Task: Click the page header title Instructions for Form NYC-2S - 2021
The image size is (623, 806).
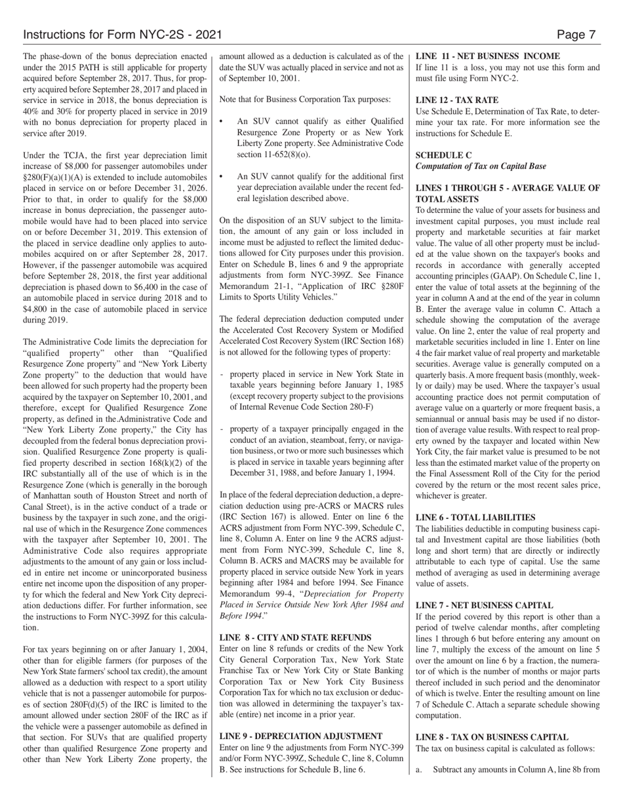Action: [x=122, y=35]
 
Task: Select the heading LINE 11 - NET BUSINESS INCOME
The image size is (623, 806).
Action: [x=488, y=56]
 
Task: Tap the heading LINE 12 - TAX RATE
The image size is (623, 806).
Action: [x=457, y=100]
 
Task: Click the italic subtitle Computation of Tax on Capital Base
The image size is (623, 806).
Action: [x=481, y=166]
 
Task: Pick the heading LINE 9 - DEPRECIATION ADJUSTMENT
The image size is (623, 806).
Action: [x=300, y=736]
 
